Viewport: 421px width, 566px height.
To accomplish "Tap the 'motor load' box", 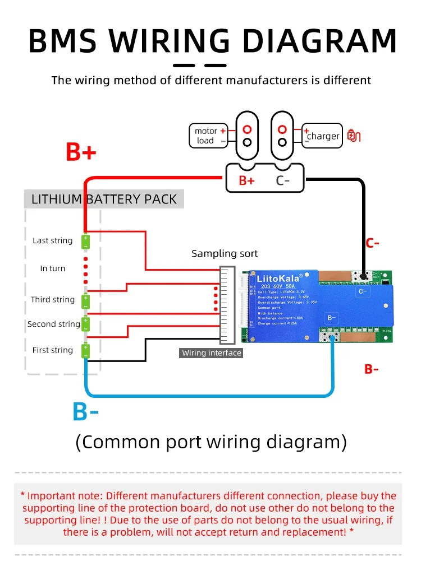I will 208,136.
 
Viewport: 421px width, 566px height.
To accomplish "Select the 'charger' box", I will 322,136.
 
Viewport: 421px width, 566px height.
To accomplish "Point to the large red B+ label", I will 81,152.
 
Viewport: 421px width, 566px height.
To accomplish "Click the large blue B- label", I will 85,412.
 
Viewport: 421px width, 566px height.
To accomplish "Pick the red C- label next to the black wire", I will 373,243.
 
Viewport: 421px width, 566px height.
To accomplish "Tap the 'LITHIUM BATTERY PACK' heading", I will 104,200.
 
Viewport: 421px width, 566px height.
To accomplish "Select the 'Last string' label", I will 53,240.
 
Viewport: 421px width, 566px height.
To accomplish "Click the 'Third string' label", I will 53,299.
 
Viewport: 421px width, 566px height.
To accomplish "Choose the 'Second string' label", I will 54,324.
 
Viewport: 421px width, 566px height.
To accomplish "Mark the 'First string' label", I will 53,350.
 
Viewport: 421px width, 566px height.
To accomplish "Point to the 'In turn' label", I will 53,268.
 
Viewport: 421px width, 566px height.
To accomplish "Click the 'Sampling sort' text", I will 225,254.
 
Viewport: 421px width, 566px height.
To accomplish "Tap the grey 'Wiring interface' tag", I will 212,353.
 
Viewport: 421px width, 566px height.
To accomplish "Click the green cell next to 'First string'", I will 85,351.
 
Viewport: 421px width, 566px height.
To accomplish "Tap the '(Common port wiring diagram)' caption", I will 211,442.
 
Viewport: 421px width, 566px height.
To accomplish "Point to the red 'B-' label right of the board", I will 372,369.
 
